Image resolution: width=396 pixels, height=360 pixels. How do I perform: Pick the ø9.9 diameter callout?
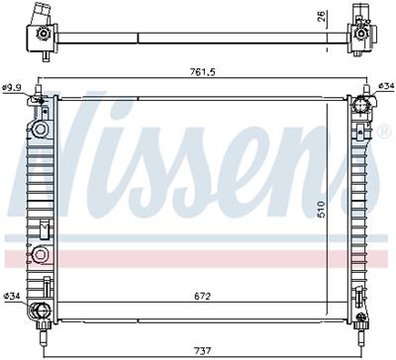(x=13, y=89)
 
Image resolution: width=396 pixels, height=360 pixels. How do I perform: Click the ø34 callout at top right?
(x=386, y=89)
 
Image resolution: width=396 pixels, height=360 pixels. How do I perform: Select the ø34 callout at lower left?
(x=13, y=297)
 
